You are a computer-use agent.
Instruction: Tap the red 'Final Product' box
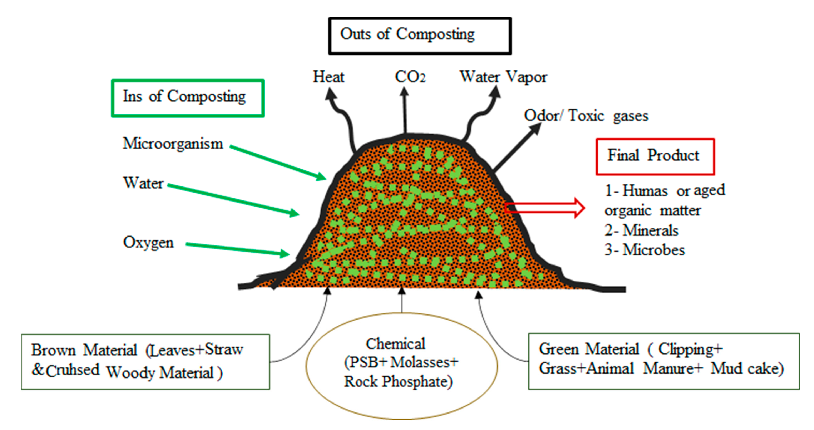655,156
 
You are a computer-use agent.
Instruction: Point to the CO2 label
410,77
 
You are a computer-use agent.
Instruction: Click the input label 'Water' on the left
143,183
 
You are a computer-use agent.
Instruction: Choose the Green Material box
664,361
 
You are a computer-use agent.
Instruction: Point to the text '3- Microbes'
645,250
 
